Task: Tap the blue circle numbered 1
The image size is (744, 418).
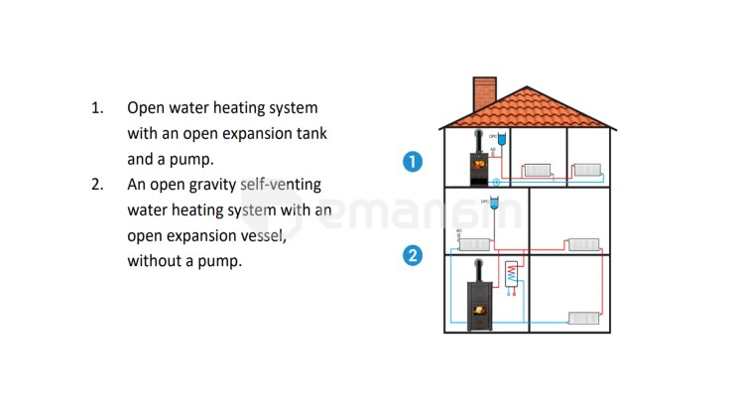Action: (x=413, y=162)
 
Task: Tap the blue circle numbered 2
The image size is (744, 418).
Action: (x=413, y=256)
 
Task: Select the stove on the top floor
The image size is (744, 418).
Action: (x=481, y=165)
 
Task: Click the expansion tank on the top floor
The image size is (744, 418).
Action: (x=502, y=140)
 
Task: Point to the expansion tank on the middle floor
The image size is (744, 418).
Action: (x=495, y=208)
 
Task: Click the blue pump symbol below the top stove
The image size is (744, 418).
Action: (x=496, y=184)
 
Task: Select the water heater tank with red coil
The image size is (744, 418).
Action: (x=511, y=275)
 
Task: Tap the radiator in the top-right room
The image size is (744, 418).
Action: (x=586, y=170)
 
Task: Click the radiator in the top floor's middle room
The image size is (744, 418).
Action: (x=537, y=170)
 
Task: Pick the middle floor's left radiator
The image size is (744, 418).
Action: (x=474, y=244)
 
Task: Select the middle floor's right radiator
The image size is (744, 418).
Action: (x=583, y=244)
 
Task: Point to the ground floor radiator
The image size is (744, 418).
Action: (x=583, y=318)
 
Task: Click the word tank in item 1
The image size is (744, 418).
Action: (x=307, y=133)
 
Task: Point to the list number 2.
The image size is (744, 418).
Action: (x=97, y=185)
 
